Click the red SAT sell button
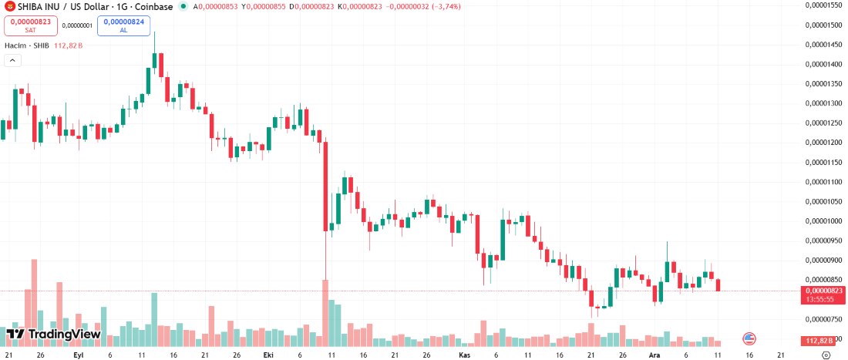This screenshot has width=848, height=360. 31,25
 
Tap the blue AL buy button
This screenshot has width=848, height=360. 123,25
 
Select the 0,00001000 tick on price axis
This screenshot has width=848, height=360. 824,220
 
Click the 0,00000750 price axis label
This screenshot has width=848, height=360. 824,318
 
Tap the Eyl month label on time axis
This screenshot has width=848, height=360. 78,355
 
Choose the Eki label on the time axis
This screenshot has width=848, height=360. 268,355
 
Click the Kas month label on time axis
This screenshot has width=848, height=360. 464,355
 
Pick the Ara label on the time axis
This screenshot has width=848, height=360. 654,355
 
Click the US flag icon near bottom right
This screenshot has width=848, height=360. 748,338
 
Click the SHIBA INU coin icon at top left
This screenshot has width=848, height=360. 8,6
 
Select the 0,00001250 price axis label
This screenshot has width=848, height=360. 824,123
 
